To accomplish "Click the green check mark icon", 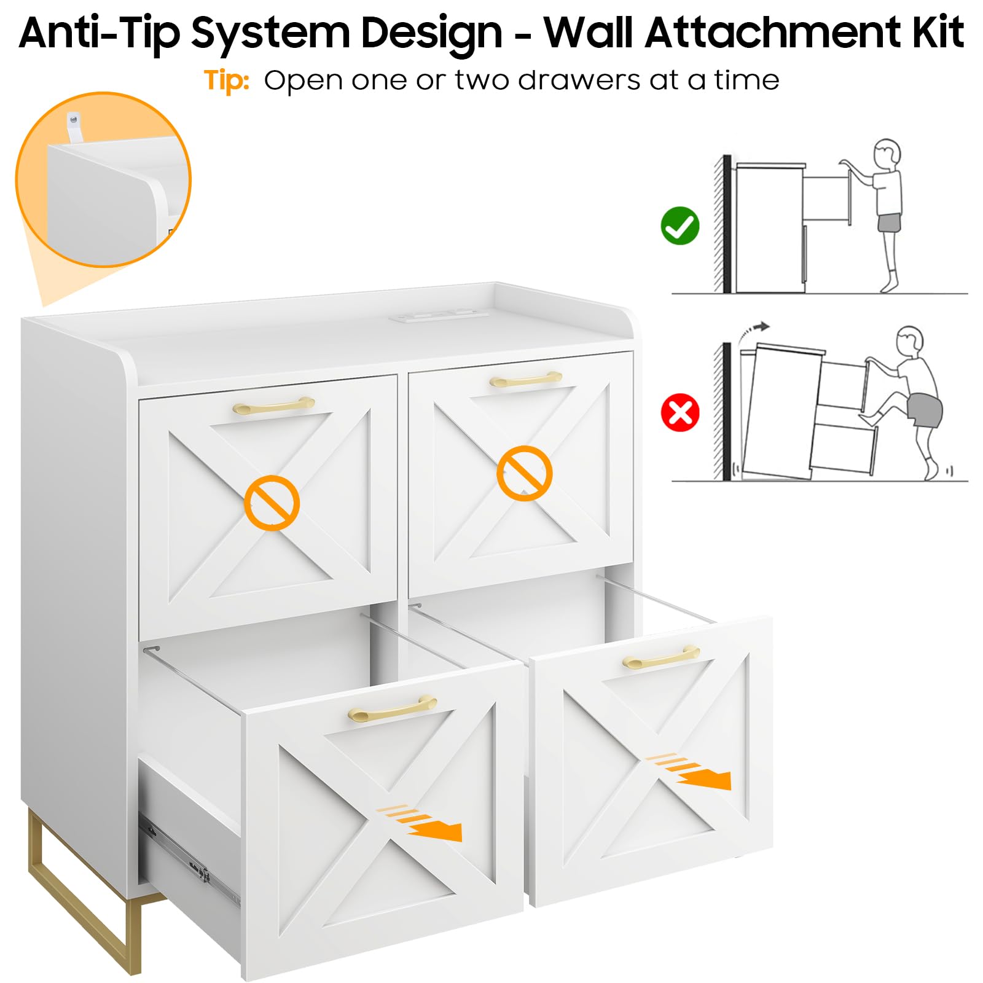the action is (680, 225).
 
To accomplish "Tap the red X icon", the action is (680, 412).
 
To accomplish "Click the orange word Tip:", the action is (227, 81).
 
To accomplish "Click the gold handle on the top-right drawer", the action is (526, 379).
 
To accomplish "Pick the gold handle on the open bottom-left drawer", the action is (392, 709).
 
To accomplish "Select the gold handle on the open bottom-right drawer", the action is (661, 657).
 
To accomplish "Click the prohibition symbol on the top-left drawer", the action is (272, 503).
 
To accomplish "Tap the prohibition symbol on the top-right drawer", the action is (524, 473).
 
